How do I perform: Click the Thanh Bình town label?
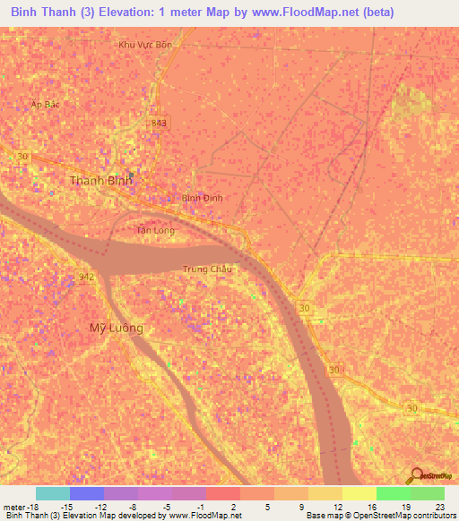coord(101,180)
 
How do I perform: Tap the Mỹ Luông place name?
coord(117,328)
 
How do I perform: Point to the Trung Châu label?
coord(207,269)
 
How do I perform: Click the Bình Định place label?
coord(202,198)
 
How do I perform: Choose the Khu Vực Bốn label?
coord(144,44)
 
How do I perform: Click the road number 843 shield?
coord(159,123)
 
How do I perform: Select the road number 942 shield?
coord(87,277)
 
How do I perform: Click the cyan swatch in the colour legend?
coord(53,493)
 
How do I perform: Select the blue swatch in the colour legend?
coord(87,493)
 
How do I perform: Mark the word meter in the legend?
coord(12,506)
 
